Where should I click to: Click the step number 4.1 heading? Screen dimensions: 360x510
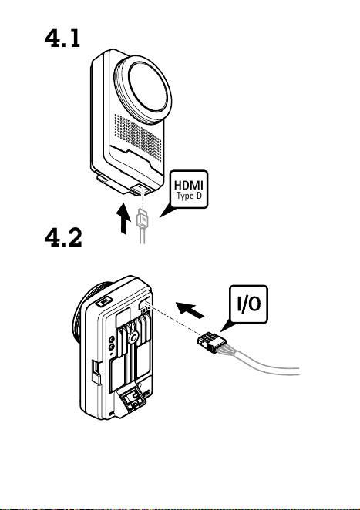pyautogui.click(x=62, y=38)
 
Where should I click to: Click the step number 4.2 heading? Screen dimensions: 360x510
pyautogui.click(x=63, y=237)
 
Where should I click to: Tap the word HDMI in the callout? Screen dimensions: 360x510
pyautogui.click(x=189, y=185)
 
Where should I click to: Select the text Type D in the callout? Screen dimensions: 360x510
pyautogui.click(x=189, y=196)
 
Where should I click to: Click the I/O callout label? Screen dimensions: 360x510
pyautogui.click(x=249, y=304)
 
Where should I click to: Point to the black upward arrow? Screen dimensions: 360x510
pyautogui.click(x=123, y=218)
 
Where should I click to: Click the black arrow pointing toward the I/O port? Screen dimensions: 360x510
pyautogui.click(x=190, y=310)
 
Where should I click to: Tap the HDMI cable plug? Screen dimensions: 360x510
pyautogui.click(x=143, y=219)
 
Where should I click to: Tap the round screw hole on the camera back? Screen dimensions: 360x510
pyautogui.click(x=133, y=337)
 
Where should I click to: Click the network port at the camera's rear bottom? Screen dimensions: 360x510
pyautogui.click(x=132, y=398)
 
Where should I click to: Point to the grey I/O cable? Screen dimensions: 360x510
pyautogui.click(x=261, y=364)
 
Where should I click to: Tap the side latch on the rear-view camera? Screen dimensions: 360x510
pyautogui.click(x=96, y=371)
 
